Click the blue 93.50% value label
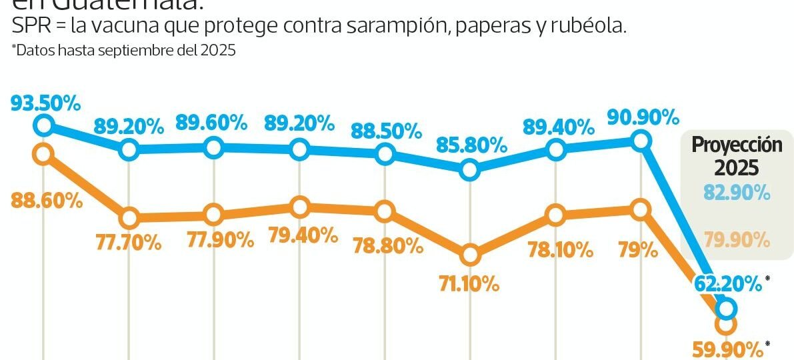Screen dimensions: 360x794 pos(45,104)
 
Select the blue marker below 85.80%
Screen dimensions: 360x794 pos(470,170)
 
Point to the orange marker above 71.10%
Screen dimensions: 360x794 pos(470,255)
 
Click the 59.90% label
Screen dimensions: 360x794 pos(728,349)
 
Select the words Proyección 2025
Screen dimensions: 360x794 pos(735,156)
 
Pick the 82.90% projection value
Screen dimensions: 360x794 pos(737,194)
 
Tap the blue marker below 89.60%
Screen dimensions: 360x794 pos(213,147)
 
